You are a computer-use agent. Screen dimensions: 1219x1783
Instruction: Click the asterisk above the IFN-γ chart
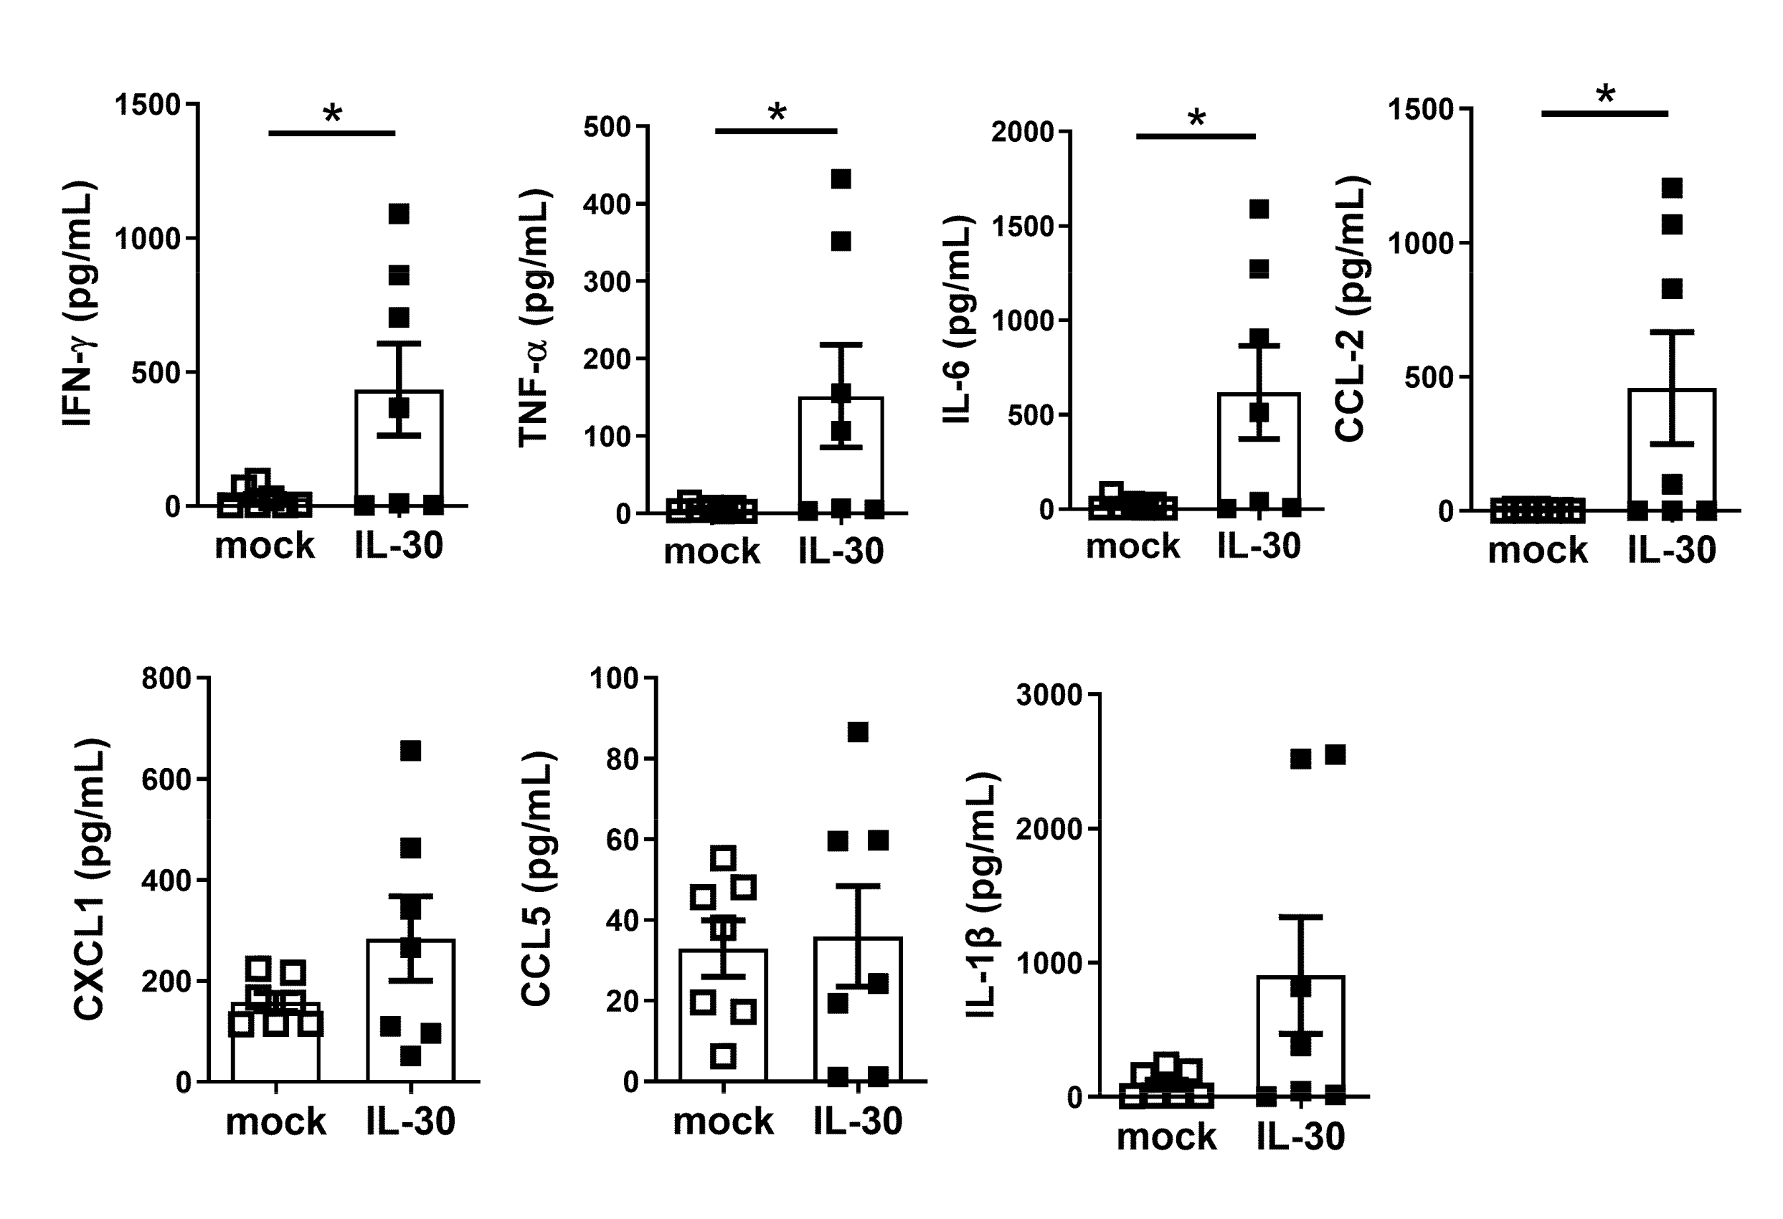pyautogui.click(x=332, y=114)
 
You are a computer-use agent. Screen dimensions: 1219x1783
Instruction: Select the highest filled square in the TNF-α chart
pyautogui.click(x=841, y=179)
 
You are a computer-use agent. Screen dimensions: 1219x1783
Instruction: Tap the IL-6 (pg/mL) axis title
pyautogui.click(x=958, y=321)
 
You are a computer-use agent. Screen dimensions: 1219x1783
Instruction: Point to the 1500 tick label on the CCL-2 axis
pyautogui.click(x=1421, y=110)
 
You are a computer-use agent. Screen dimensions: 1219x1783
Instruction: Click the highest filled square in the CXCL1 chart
pyautogui.click(x=410, y=751)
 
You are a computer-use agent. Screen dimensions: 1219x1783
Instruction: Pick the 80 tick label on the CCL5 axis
pyautogui.click(x=623, y=760)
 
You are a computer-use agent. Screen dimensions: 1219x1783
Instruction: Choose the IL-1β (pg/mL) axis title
pyautogui.click(x=982, y=894)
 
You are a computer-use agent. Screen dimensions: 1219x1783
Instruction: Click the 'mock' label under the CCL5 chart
pyautogui.click(x=723, y=1121)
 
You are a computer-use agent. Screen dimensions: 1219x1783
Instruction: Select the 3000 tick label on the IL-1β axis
pyautogui.click(x=1049, y=695)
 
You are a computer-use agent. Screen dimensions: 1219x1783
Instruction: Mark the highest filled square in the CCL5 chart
pyautogui.click(x=858, y=733)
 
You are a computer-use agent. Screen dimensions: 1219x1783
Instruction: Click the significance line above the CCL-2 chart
pyautogui.click(x=1604, y=113)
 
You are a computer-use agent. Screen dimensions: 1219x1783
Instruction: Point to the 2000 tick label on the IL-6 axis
pyautogui.click(x=1023, y=132)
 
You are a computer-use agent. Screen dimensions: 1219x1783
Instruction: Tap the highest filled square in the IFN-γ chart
pyautogui.click(x=398, y=214)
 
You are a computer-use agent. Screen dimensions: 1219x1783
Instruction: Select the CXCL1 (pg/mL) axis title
pyautogui.click(x=90, y=879)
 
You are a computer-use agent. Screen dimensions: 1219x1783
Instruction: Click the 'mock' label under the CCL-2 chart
pyautogui.click(x=1538, y=551)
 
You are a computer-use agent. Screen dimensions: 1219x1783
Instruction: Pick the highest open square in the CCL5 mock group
pyautogui.click(x=724, y=858)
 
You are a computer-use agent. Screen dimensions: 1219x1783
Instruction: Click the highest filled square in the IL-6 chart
pyautogui.click(x=1259, y=209)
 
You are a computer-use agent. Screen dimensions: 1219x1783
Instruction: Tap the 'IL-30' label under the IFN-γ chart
pyautogui.click(x=398, y=546)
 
